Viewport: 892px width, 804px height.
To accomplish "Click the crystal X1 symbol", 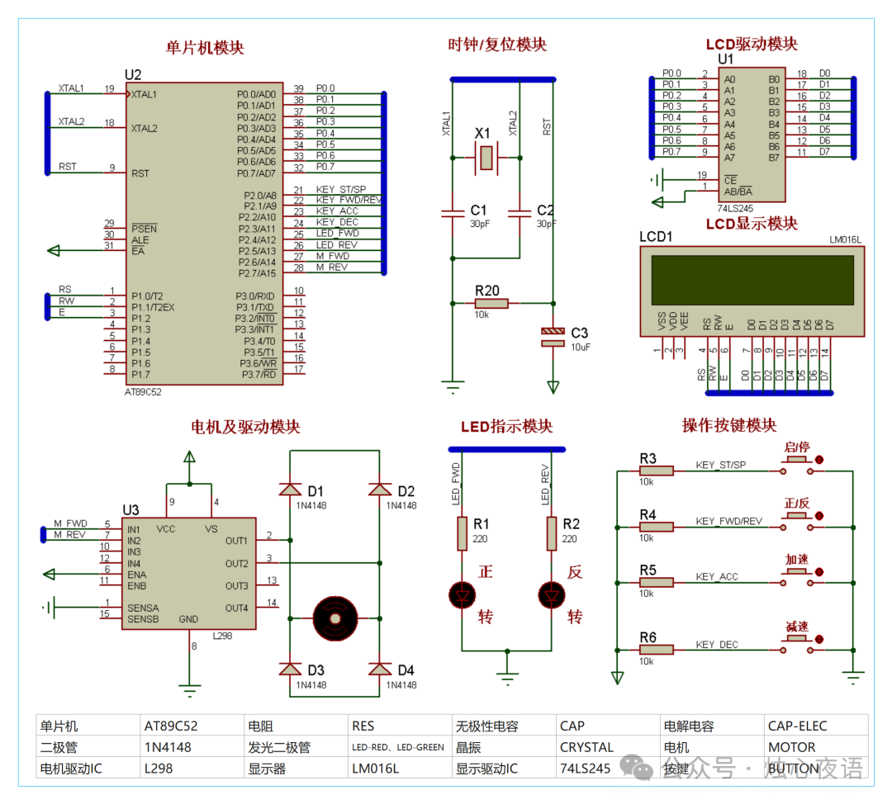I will coord(486,157).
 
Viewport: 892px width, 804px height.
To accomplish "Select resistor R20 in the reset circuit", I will coord(491,303).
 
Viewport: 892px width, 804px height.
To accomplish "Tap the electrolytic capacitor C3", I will coord(553,336).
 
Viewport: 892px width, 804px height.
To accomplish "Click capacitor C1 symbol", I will coord(453,213).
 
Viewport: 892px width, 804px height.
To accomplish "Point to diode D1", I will coord(290,489).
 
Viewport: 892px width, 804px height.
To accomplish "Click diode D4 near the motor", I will coord(380,669).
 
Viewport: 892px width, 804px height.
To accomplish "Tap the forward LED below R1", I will coord(462,594).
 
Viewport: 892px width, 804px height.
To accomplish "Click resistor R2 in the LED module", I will coord(552,534).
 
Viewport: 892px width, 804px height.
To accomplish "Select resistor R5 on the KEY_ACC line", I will coord(657,582).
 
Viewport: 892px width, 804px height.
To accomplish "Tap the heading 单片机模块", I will coord(205,47).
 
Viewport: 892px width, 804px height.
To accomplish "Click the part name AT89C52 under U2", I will coord(143,392).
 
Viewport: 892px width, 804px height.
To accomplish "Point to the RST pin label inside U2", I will coord(140,173).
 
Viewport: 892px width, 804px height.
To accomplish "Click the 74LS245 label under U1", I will coord(734,210).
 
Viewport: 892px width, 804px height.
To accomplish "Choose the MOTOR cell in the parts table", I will coord(791,747).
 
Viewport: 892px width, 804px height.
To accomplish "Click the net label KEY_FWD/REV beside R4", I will coord(728,521).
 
